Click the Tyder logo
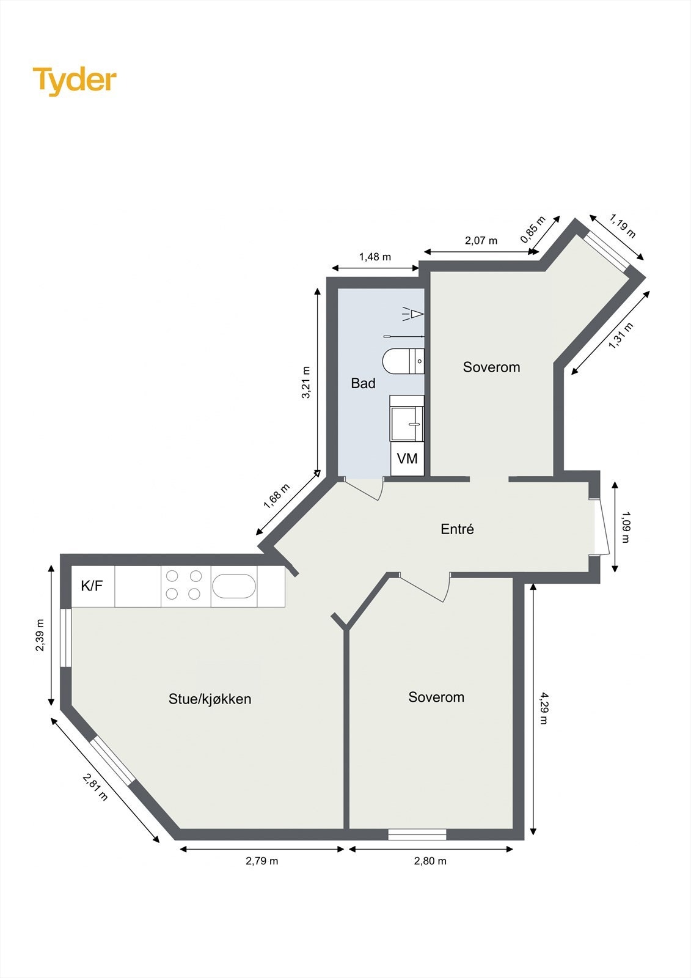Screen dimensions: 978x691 (75, 80)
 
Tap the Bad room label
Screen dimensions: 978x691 (363, 383)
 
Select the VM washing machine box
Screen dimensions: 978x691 (407, 458)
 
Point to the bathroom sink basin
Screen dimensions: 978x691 (406, 419)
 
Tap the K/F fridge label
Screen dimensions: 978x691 (92, 586)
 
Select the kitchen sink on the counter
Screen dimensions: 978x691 (233, 586)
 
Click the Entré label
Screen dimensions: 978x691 (457, 529)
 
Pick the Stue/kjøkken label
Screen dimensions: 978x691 (210, 699)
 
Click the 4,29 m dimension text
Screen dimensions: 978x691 (543, 708)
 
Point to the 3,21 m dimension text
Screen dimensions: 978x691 (306, 382)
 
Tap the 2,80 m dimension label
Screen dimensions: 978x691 (430, 861)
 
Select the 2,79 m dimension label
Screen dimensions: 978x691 (262, 861)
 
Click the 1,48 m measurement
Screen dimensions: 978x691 (375, 257)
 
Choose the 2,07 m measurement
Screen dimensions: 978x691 (481, 240)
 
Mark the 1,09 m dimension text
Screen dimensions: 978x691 (626, 527)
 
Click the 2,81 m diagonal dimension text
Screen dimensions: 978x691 (95, 787)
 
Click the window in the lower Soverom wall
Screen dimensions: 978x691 (417, 834)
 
